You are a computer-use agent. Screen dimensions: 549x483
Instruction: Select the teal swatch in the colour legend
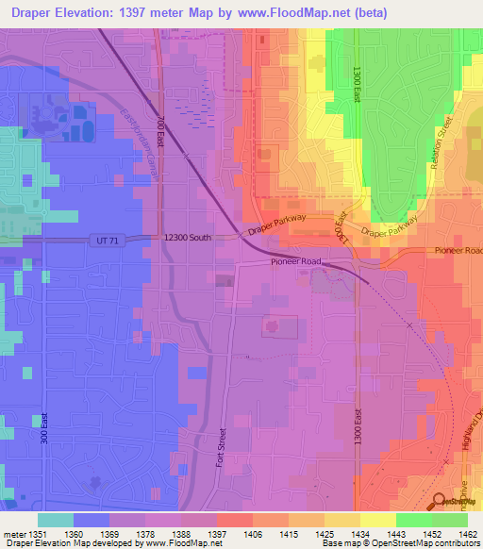click(x=56, y=520)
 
